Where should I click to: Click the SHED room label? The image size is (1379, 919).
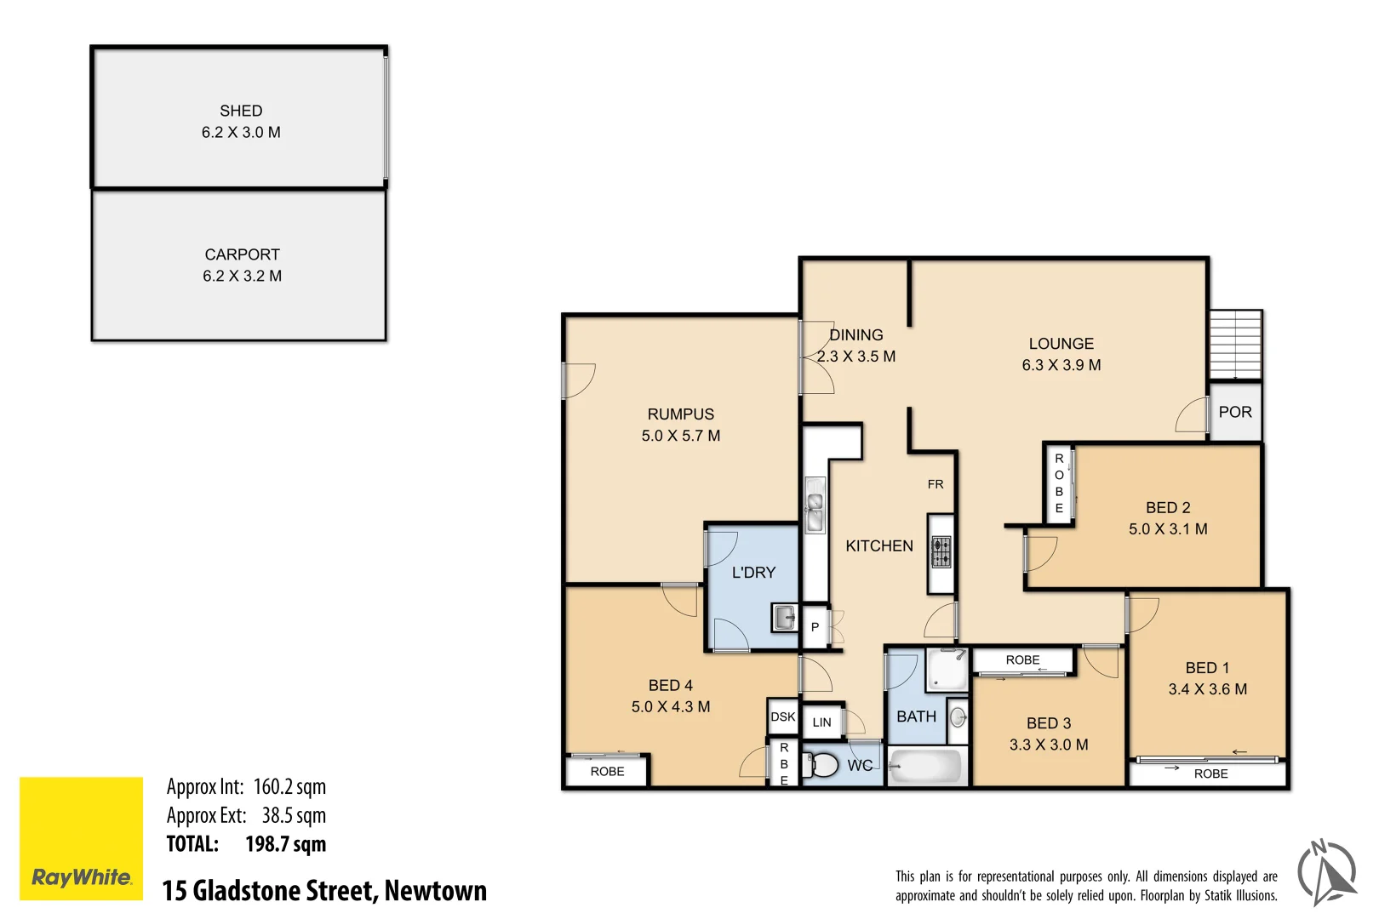(x=241, y=111)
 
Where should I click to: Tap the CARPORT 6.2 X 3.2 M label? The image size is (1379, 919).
(x=242, y=265)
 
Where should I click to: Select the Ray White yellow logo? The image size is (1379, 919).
(x=82, y=838)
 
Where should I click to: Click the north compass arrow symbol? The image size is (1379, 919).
(x=1327, y=872)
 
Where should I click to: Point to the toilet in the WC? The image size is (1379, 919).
(x=822, y=764)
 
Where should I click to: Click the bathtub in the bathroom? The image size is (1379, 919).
(x=927, y=766)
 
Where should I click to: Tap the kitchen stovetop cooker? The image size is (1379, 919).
(x=941, y=552)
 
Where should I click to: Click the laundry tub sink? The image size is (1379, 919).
(x=784, y=616)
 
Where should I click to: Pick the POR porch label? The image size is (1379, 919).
(x=1235, y=413)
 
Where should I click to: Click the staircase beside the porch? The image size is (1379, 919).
(x=1235, y=345)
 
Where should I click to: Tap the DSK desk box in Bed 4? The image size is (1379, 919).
(x=783, y=716)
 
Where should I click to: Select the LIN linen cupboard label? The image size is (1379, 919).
(x=821, y=722)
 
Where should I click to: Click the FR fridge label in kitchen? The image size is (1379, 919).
(x=936, y=484)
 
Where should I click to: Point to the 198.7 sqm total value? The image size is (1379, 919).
(x=285, y=844)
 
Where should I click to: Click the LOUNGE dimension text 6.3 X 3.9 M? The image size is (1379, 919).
(x=1061, y=365)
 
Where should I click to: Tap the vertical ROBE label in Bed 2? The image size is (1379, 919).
(x=1059, y=483)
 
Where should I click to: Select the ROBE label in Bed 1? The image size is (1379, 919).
(x=1210, y=773)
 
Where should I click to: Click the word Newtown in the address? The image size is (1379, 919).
(x=436, y=890)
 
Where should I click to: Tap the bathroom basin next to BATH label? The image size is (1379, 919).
(x=958, y=716)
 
